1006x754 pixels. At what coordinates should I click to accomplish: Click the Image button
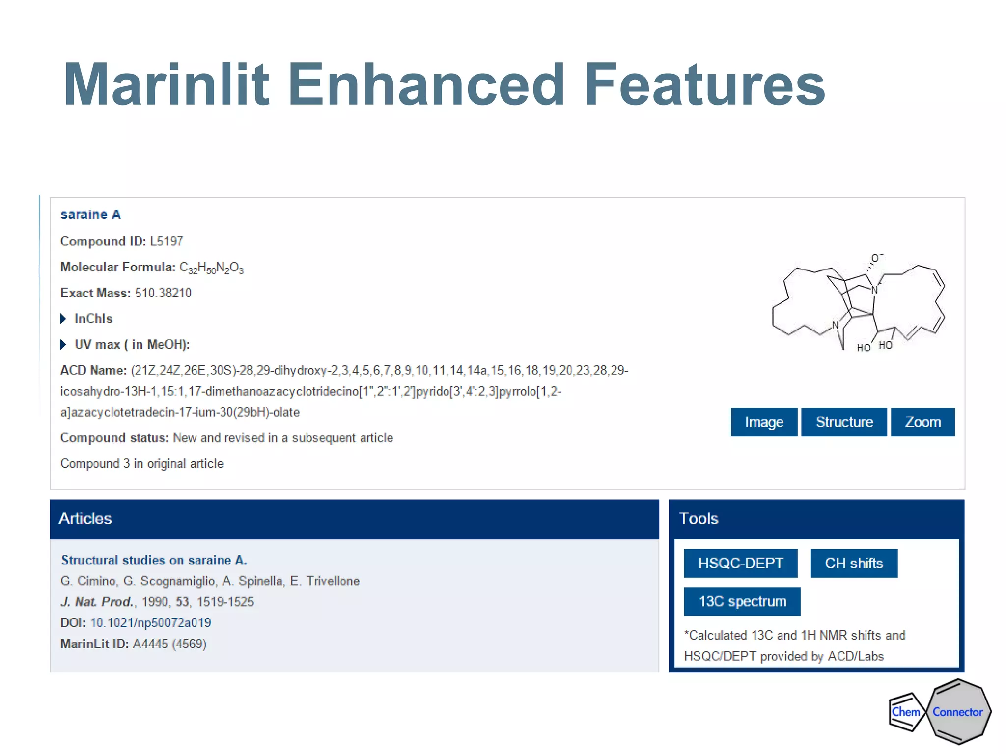click(x=764, y=422)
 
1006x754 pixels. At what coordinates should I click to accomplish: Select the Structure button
click(x=844, y=422)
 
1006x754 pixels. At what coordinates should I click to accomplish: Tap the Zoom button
click(x=922, y=422)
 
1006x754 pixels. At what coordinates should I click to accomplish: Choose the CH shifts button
click(x=854, y=563)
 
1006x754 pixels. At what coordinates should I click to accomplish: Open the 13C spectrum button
click(x=742, y=601)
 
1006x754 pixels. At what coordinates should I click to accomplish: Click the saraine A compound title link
click(x=90, y=215)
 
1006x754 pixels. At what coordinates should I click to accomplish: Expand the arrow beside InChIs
click(x=63, y=319)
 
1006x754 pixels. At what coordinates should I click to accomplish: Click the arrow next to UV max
click(x=63, y=345)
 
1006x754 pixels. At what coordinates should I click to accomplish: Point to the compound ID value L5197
click(x=167, y=242)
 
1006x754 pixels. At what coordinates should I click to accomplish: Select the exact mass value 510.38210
click(x=163, y=293)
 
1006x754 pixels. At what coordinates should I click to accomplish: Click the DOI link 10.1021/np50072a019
click(x=151, y=623)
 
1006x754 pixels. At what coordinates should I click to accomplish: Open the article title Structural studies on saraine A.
click(x=154, y=560)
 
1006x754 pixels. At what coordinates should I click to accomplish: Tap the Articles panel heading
click(x=85, y=519)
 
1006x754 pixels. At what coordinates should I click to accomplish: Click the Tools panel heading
click(x=699, y=519)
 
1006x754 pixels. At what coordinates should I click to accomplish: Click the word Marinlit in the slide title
click(x=166, y=84)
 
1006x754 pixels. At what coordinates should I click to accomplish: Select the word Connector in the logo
click(x=957, y=712)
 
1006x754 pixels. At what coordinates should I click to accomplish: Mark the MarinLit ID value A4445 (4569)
click(x=169, y=644)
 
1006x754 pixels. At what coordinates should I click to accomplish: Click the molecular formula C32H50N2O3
click(x=211, y=268)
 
